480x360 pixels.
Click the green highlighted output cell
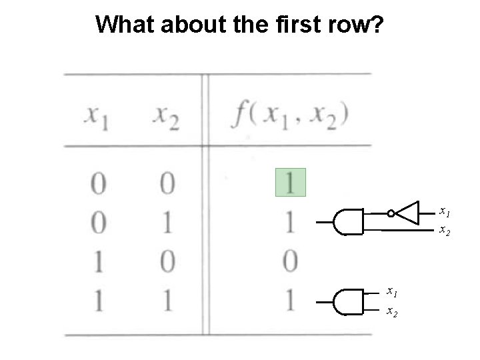click(291, 182)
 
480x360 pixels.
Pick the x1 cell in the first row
click(98, 183)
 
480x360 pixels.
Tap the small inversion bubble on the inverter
click(391, 213)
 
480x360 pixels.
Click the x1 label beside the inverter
click(444, 212)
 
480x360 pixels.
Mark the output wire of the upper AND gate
click(325, 222)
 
